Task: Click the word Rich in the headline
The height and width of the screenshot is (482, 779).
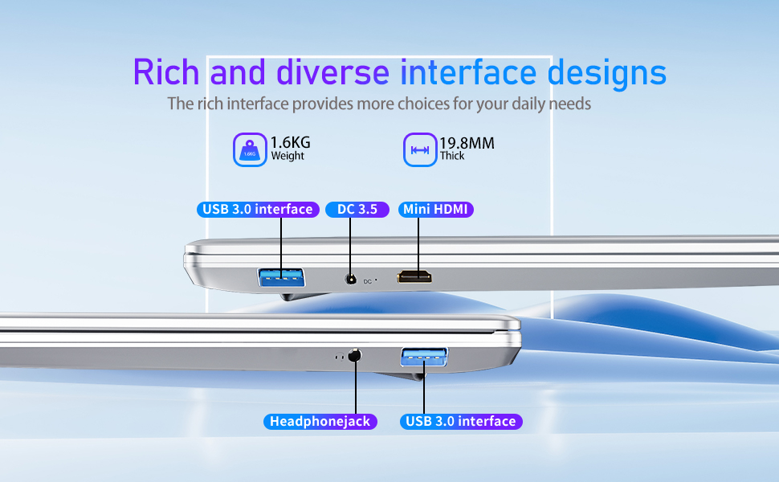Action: point(166,72)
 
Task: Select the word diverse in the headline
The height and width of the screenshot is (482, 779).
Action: point(332,72)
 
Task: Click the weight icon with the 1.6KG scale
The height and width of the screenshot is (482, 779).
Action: point(250,149)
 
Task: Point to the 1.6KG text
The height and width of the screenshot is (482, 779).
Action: point(290,143)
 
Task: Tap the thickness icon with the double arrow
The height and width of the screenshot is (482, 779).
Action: point(420,149)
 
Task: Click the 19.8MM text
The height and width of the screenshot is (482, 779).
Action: point(467,143)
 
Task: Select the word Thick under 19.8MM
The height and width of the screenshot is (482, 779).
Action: point(452,156)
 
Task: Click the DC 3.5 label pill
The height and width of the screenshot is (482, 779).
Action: point(357,209)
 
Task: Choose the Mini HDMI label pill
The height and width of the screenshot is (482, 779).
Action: point(436,209)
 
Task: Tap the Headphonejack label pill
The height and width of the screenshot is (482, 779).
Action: point(320,422)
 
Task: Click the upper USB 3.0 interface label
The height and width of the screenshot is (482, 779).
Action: point(258,209)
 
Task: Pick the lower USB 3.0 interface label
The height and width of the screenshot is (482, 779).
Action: point(461,422)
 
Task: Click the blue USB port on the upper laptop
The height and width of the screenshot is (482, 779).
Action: point(281,277)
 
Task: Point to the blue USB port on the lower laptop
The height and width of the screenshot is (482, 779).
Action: point(424,357)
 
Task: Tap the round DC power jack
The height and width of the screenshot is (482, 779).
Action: point(351,280)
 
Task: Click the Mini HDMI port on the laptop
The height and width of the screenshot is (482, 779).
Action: point(414,277)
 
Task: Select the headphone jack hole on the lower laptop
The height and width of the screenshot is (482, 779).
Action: point(355,356)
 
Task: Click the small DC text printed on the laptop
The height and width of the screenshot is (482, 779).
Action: point(368,282)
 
